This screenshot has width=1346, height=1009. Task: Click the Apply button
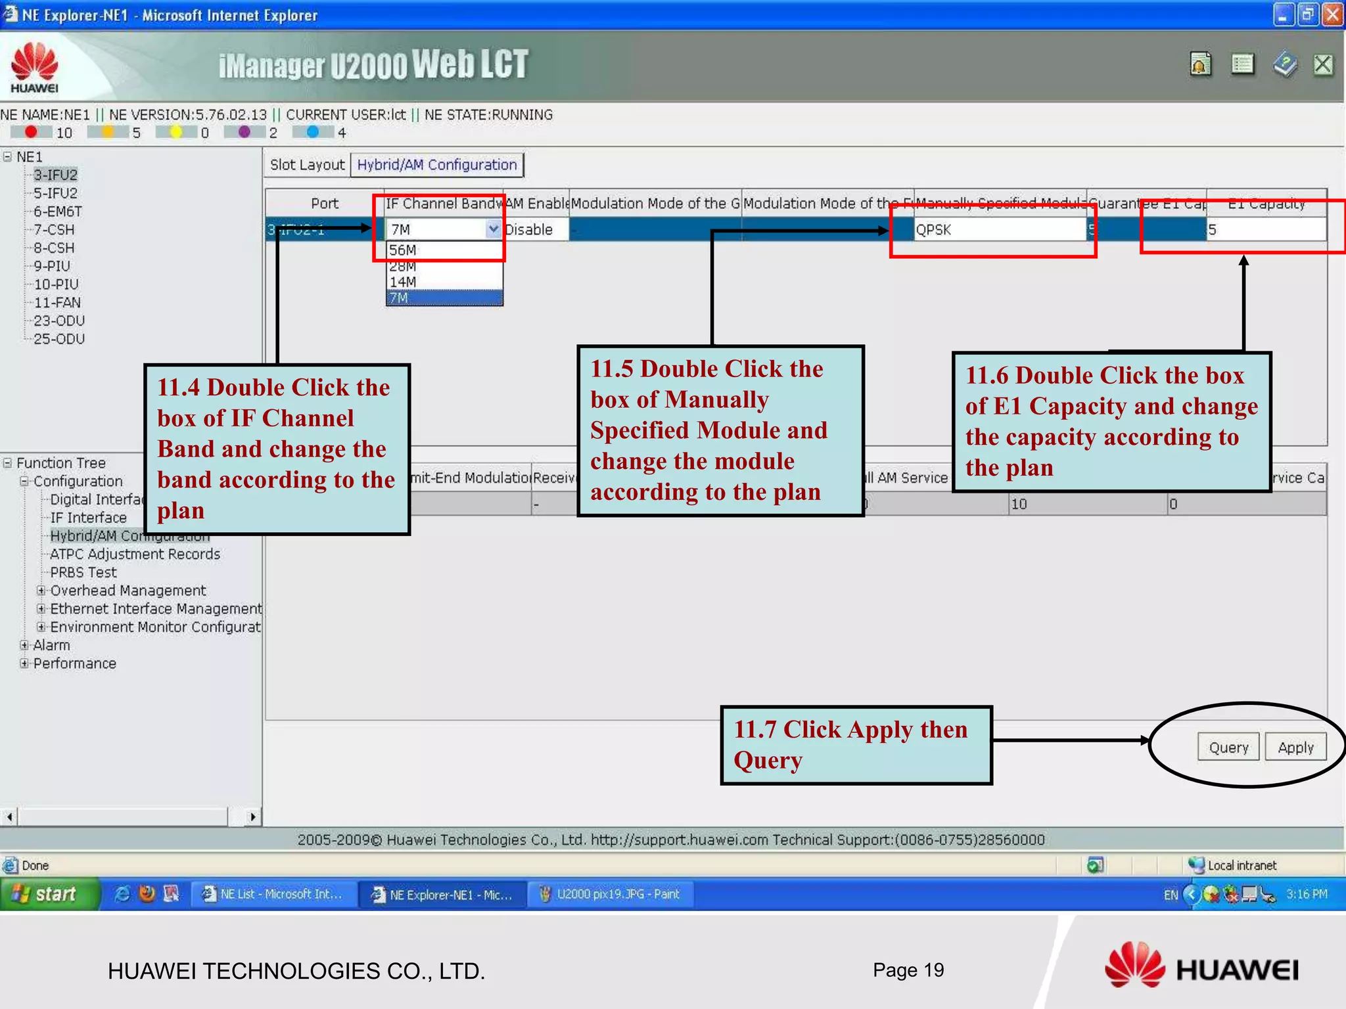pos(1295,747)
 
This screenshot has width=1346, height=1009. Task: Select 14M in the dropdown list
pos(403,282)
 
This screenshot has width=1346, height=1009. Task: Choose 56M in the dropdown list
pos(403,250)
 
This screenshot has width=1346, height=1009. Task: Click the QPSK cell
pos(998,230)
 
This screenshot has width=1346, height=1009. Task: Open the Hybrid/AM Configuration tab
pos(437,165)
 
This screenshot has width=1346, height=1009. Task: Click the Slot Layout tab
pos(307,165)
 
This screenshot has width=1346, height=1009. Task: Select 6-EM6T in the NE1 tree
pos(58,212)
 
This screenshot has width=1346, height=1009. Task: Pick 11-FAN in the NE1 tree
pos(57,303)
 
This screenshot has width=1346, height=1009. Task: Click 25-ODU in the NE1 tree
pos(59,339)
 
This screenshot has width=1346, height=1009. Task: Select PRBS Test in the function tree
pos(83,572)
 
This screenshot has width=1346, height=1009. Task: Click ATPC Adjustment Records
pos(135,554)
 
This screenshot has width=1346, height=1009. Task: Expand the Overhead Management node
pos(41,591)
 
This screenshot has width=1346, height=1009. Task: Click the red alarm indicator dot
pos(30,132)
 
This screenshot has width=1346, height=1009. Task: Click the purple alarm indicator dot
pos(244,132)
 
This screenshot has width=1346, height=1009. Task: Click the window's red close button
pos(1332,14)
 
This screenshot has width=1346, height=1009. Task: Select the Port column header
pos(325,204)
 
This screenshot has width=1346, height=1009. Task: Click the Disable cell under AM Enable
pos(529,230)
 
